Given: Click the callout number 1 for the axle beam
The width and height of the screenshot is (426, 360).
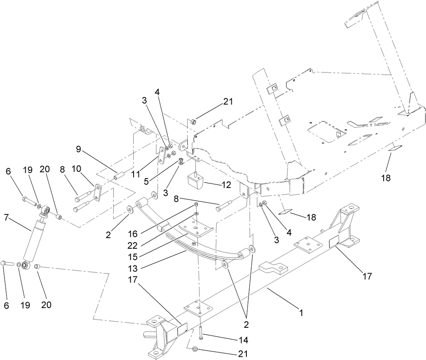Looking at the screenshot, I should point(301,313).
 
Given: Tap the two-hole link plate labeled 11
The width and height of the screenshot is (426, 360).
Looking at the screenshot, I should point(162,156).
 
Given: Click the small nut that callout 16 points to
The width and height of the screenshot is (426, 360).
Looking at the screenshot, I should point(196,204).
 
